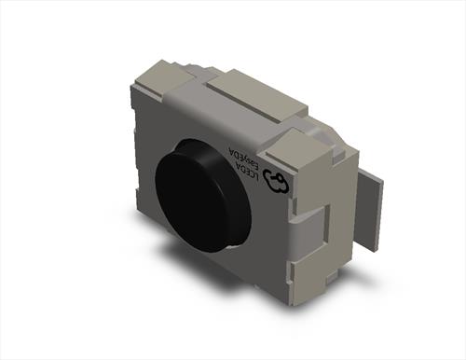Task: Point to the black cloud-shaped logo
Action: [275, 183]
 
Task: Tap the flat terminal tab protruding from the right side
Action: [370, 212]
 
